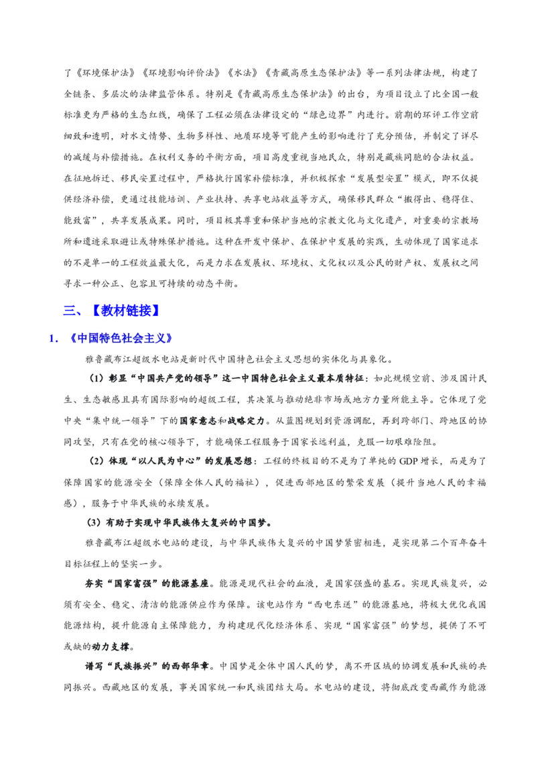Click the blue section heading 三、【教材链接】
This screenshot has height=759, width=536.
tap(112, 310)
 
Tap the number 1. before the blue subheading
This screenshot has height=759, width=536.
tap(54, 339)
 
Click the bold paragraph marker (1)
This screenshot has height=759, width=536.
tap(96, 378)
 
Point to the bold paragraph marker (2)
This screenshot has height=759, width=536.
tap(96, 461)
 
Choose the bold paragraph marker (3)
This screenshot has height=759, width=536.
tap(95, 523)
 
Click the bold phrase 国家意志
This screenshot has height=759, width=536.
tap(198, 420)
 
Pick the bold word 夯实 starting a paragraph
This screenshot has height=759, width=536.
tap(94, 584)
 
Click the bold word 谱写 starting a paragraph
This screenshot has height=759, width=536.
tap(94, 666)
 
